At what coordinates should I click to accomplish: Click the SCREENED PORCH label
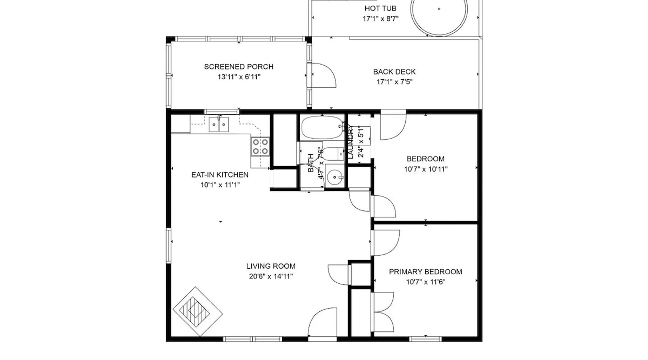[x=239, y=67]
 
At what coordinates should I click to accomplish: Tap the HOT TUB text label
[x=381, y=8]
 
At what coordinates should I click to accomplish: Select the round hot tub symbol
[x=439, y=14]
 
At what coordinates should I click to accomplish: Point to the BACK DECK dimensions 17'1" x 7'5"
[x=395, y=82]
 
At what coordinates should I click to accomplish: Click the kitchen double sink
[x=219, y=125]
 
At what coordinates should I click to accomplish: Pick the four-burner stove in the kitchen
[x=260, y=147]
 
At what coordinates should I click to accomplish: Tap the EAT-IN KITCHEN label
[x=220, y=175]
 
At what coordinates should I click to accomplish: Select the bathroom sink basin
[x=335, y=177]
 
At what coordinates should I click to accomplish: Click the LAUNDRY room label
[x=351, y=142]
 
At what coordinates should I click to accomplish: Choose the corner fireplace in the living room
[x=197, y=312]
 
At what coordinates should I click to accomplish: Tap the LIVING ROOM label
[x=271, y=266]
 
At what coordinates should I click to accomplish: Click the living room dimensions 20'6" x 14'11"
[x=271, y=276]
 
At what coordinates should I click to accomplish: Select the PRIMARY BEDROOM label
[x=426, y=272]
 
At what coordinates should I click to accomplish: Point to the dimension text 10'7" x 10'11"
[x=426, y=169]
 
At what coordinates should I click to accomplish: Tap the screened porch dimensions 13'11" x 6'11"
[x=239, y=77]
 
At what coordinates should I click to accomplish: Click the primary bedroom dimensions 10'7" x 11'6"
[x=426, y=282]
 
